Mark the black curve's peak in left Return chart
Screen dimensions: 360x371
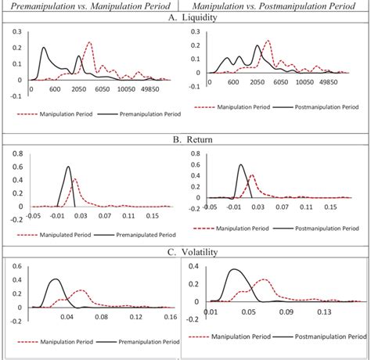coord(68,167)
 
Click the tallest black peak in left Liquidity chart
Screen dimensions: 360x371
coord(44,49)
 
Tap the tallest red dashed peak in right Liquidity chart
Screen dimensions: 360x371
coord(268,41)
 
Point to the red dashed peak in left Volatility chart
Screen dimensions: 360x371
coord(78,290)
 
